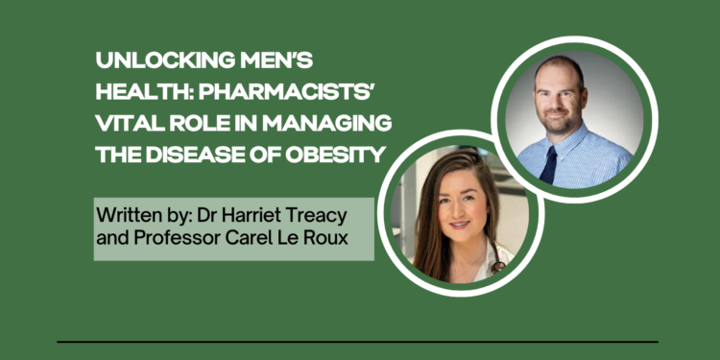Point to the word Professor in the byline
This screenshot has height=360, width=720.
tap(173, 234)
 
